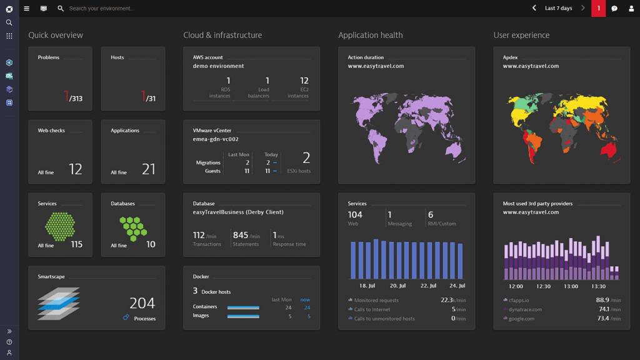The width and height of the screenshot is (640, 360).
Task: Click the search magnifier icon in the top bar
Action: (61, 9)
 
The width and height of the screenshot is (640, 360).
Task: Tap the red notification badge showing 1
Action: (598, 8)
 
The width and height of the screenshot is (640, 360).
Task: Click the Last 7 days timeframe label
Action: (558, 8)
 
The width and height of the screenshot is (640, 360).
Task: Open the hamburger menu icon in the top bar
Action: (26, 9)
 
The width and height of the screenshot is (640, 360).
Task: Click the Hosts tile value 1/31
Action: (148, 97)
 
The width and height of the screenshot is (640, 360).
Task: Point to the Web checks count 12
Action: (76, 169)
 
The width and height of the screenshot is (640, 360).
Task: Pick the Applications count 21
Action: (149, 169)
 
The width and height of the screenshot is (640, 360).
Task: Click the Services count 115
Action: (77, 244)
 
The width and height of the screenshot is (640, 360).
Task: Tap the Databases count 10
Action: (151, 244)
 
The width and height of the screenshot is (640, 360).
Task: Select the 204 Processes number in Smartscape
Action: (142, 303)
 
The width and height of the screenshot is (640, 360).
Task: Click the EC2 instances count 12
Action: (304, 81)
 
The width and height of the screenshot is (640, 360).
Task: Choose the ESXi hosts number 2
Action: (306, 157)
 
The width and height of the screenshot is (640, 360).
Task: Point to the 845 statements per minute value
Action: (241, 235)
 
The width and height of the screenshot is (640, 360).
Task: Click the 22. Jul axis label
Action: (428, 286)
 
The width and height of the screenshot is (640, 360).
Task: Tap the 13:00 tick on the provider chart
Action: (571, 286)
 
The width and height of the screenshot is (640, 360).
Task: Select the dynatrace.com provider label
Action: (525, 309)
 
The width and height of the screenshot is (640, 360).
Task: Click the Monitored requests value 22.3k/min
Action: (452, 300)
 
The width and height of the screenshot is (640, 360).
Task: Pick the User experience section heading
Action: (521, 35)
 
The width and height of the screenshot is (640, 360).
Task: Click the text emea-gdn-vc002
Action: (216, 139)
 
